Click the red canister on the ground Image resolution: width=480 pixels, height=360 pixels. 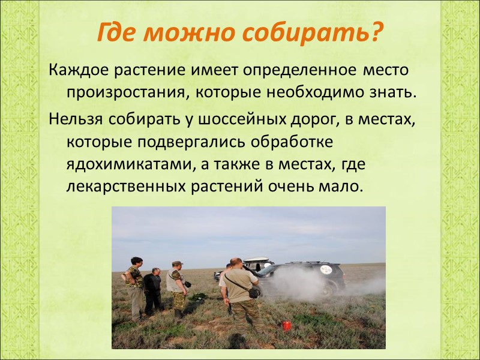click(x=286, y=325)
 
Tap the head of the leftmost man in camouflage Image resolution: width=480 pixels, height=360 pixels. click(x=136, y=261)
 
